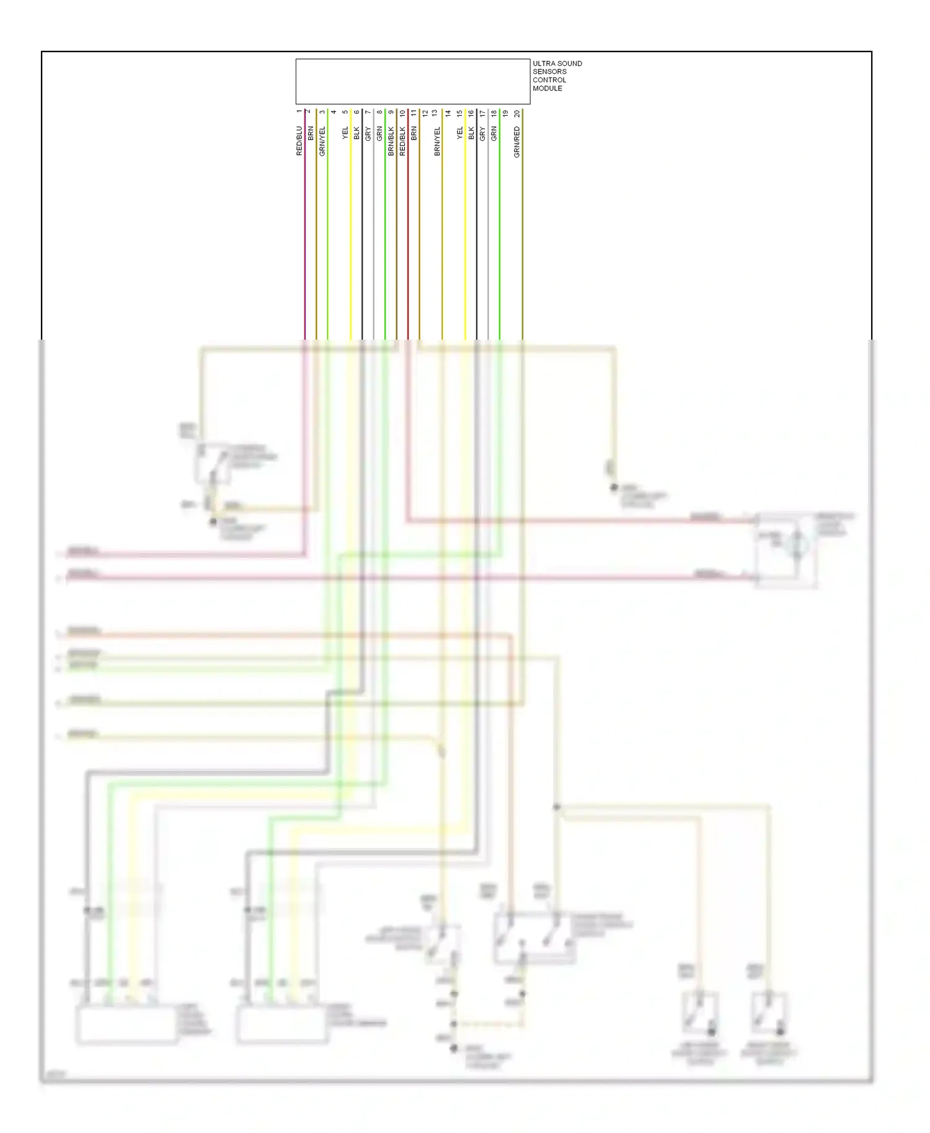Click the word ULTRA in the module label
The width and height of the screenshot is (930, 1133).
pyautogui.click(x=542, y=63)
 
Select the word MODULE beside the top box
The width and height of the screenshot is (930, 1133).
pyautogui.click(x=547, y=88)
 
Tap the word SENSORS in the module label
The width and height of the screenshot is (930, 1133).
pyautogui.click(x=549, y=71)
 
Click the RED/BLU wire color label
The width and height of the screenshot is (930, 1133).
pyautogui.click(x=299, y=141)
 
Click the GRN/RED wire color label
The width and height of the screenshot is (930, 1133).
pyautogui.click(x=517, y=141)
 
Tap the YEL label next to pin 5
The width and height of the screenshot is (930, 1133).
pyautogui.click(x=345, y=133)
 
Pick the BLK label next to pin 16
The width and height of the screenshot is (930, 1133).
pyautogui.click(x=471, y=133)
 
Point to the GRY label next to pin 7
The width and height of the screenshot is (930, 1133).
pyautogui.click(x=368, y=133)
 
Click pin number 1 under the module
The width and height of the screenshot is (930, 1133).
pyautogui.click(x=299, y=112)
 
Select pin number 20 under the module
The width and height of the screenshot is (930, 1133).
pyautogui.click(x=517, y=113)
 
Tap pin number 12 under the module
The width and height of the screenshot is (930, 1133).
pyautogui.click(x=425, y=113)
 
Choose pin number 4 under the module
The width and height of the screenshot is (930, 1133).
pyautogui.click(x=334, y=112)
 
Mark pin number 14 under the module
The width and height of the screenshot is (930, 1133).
pyautogui.click(x=448, y=113)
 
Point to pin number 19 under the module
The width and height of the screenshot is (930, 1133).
pyautogui.click(x=505, y=113)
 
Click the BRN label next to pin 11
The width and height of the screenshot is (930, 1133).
pyautogui.click(x=414, y=133)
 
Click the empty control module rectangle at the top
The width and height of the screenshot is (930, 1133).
pyautogui.click(x=412, y=81)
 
